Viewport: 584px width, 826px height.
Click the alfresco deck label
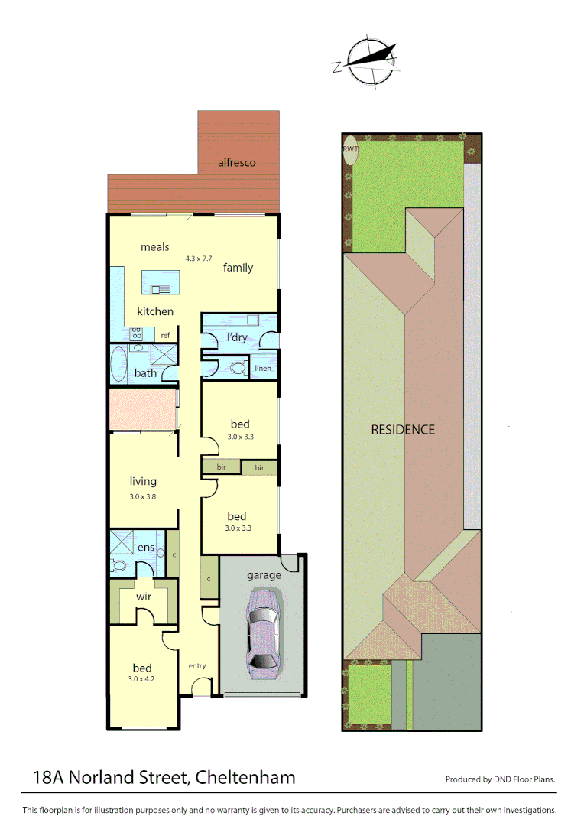pos(236,162)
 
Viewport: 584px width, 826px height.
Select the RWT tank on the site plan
pos(351,150)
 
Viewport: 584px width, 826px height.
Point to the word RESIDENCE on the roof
pos(403,430)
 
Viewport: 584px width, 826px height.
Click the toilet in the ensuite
pos(118,566)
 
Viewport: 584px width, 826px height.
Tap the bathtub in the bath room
pos(118,364)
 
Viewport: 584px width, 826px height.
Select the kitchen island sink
pos(161,288)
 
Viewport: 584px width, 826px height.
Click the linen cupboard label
pos(263,369)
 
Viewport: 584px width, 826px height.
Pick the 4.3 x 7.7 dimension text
pos(198,259)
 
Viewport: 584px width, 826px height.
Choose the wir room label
pos(143,596)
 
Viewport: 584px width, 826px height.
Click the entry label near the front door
pos(197,665)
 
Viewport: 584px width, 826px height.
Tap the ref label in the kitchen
pos(165,335)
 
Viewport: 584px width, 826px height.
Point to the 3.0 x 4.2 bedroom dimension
pos(141,678)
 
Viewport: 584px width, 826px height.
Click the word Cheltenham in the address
pos(245,778)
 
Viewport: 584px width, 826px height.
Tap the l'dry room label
pos(236,337)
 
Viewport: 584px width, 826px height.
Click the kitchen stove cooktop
pos(137,333)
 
